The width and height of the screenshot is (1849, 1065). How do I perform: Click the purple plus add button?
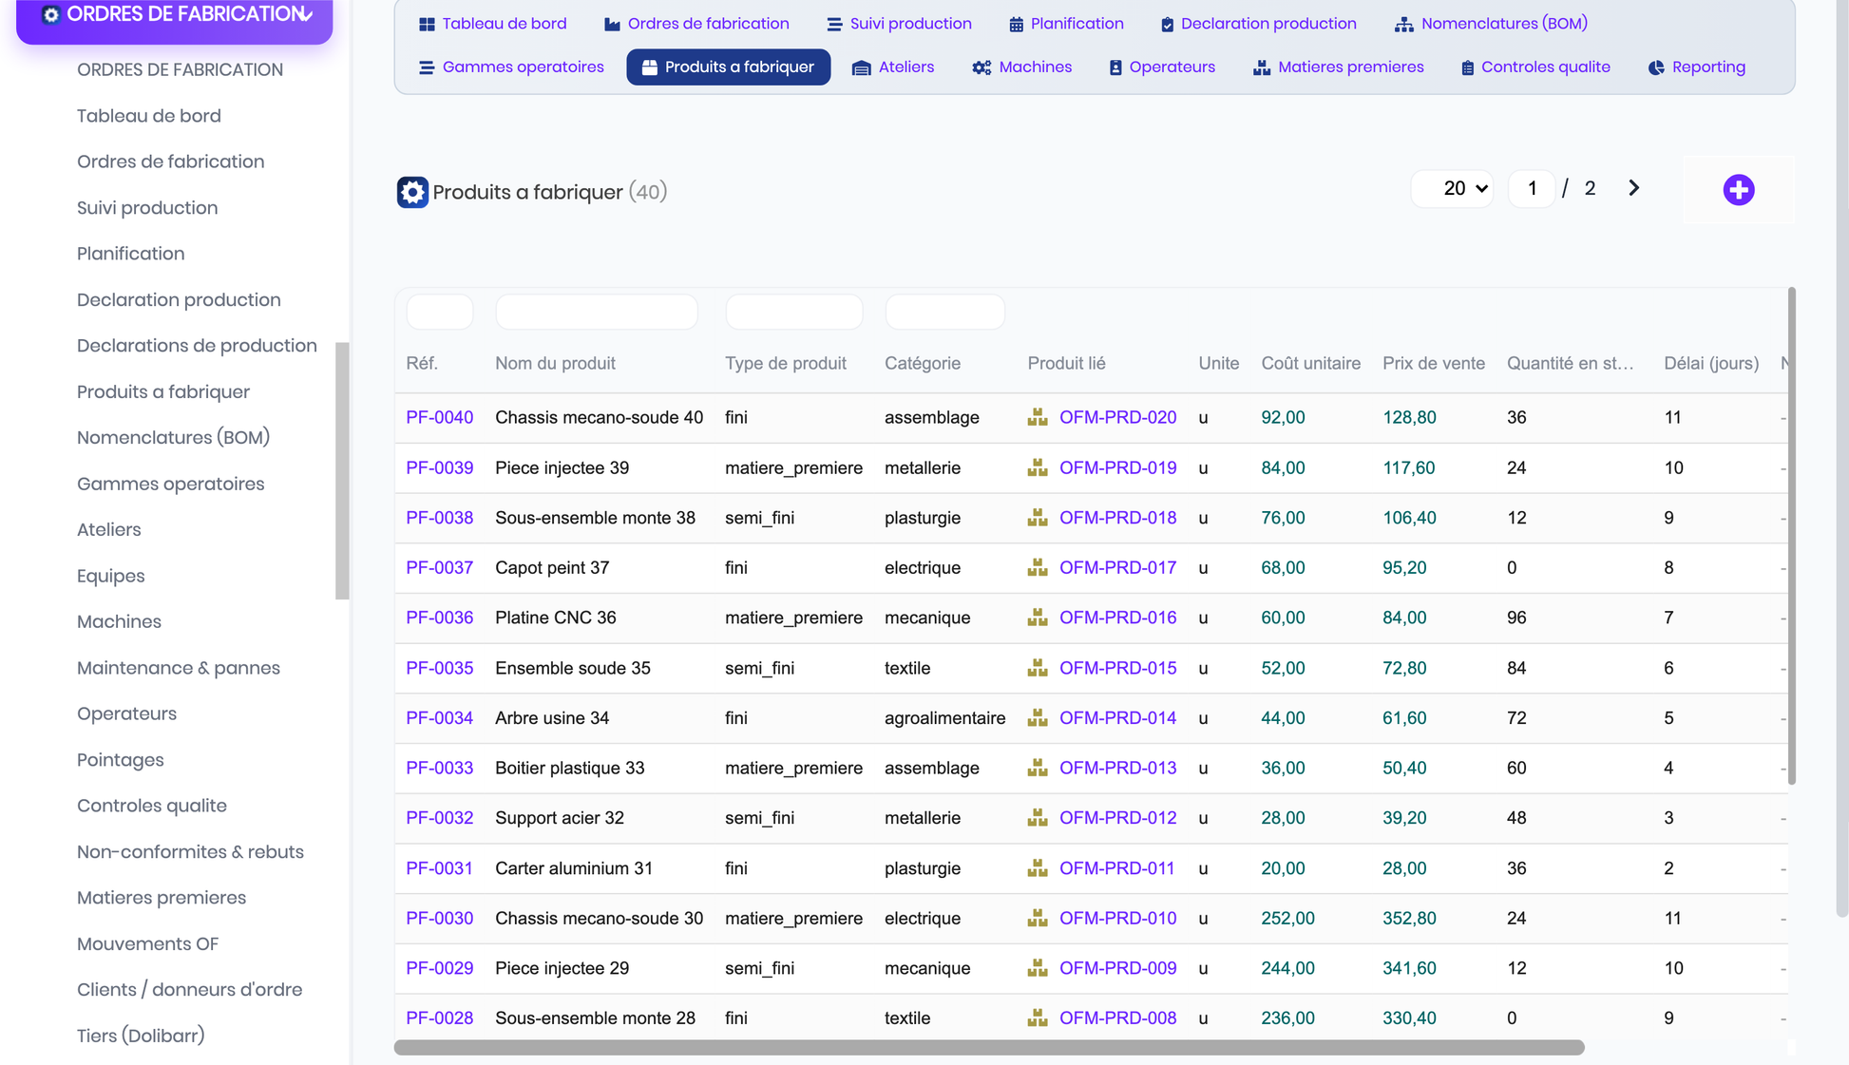(1739, 190)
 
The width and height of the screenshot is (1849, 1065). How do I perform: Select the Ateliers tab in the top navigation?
(893, 67)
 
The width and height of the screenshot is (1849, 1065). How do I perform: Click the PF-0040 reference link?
(439, 418)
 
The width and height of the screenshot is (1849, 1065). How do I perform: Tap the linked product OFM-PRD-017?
(1117, 568)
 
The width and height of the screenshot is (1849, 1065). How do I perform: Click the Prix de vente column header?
(1433, 364)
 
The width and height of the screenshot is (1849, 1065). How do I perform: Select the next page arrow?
(1633, 188)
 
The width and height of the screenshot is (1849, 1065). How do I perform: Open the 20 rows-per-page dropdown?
(1452, 188)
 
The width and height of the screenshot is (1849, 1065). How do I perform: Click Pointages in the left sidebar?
(121, 760)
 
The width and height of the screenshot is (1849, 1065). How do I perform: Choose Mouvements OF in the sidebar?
(147, 944)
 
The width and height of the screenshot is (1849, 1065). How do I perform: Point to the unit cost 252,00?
(1287, 919)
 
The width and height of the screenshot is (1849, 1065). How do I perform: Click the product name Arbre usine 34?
(552, 718)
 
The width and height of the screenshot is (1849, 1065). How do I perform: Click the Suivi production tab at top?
(899, 24)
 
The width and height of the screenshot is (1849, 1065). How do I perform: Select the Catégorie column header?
(923, 364)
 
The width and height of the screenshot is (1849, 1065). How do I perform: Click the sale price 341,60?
(1409, 969)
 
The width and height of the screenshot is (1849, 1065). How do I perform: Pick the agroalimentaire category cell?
(944, 718)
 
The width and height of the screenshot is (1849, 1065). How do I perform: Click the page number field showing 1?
(1532, 188)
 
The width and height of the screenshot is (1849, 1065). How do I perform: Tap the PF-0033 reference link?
(439, 769)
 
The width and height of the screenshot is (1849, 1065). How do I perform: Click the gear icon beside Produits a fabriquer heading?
(412, 192)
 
